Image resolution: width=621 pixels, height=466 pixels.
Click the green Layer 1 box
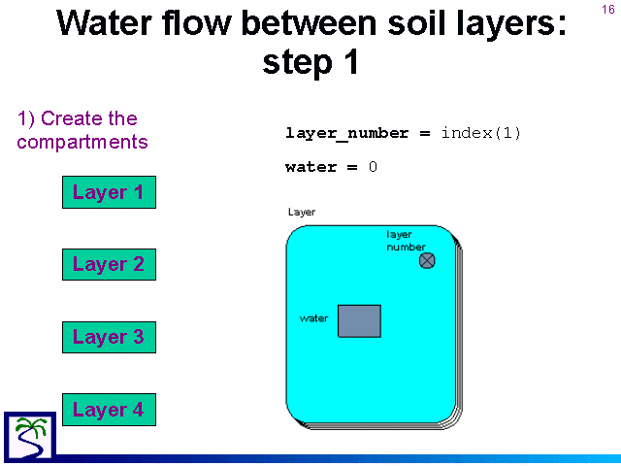coord(109,192)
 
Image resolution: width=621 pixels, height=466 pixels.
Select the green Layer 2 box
coord(109,265)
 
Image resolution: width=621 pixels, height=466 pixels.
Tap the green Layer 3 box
coord(109,337)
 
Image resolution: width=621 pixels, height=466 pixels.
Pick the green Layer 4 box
coord(109,410)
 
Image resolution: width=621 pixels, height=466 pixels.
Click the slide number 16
coord(608,10)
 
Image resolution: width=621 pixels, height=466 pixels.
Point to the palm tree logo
coord(30,437)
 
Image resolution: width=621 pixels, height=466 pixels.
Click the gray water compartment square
coord(359,321)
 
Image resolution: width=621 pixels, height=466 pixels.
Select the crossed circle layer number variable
coord(427,261)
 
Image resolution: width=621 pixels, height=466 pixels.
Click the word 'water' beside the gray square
coord(313,318)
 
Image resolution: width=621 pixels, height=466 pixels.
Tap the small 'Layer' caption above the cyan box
coord(302,213)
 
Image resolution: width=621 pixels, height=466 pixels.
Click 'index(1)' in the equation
coord(481,133)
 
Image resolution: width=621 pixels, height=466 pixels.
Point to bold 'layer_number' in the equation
coord(347,134)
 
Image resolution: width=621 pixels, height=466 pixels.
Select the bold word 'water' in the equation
coord(310,167)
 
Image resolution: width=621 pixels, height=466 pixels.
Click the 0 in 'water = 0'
coord(373,167)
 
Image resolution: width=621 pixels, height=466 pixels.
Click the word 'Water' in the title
coord(105,23)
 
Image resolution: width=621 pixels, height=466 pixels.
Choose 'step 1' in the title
coord(310,62)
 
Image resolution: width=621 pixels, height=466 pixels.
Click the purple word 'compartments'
coord(82,142)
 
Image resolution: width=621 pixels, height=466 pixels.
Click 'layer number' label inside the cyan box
coord(406,241)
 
